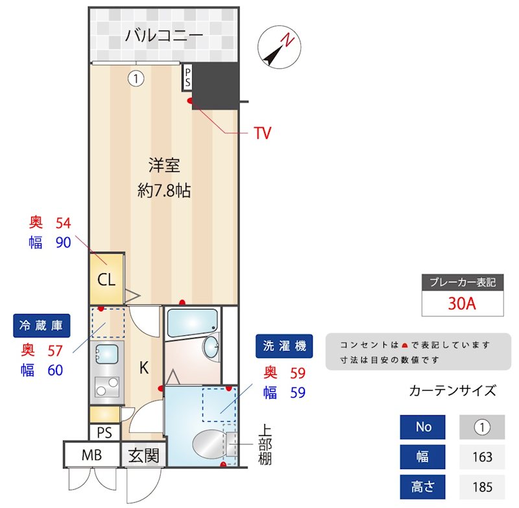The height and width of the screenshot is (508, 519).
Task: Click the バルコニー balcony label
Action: click(164, 34)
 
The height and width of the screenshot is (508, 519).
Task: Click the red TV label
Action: click(262, 134)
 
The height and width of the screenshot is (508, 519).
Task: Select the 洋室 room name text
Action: click(163, 165)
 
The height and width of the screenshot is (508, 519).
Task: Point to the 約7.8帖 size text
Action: click(163, 191)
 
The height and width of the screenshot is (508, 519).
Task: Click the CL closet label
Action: click(106, 280)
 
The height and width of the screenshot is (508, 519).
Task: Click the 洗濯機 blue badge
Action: click(284, 346)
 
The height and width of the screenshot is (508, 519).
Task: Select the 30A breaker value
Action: click(462, 304)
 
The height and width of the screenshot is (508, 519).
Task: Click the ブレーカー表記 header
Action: click(463, 282)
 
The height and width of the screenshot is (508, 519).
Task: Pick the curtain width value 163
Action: click(482, 457)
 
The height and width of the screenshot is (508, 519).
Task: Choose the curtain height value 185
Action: click(482, 486)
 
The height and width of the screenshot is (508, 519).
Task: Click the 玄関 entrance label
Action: click(143, 455)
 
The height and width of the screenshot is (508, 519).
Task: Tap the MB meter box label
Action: click(91, 455)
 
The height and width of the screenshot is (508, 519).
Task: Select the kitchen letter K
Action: click(144, 369)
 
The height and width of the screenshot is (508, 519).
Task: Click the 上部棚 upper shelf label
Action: click(265, 445)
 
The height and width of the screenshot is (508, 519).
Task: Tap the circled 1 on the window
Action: click(135, 79)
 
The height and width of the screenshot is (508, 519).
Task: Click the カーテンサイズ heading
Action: click(453, 391)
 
